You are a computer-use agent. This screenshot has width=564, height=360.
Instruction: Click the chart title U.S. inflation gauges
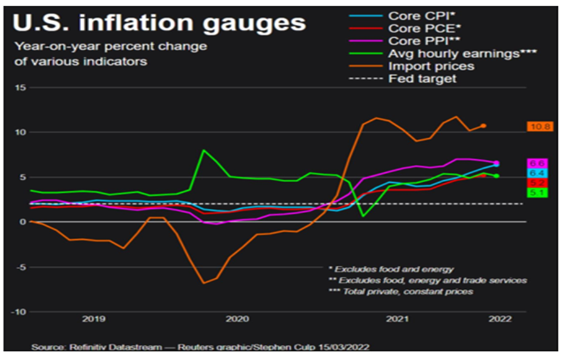[160, 24]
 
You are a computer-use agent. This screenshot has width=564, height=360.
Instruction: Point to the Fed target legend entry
[422, 79]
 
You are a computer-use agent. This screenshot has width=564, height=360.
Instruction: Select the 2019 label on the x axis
[93, 320]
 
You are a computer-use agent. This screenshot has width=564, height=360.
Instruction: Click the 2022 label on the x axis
[500, 320]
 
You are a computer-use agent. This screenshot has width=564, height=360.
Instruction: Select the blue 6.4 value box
[537, 173]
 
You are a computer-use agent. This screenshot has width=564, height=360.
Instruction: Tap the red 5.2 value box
[537, 183]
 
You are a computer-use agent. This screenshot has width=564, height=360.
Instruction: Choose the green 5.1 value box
[537, 193]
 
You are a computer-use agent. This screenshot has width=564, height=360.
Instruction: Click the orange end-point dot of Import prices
[483, 126]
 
